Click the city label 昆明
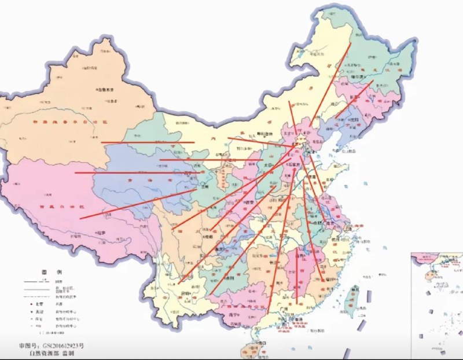pos(186,293)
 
